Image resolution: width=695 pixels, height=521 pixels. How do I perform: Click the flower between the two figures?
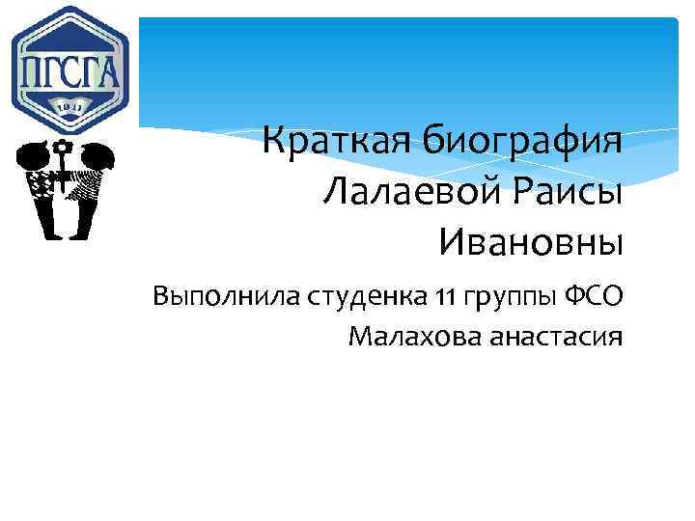point(64,148)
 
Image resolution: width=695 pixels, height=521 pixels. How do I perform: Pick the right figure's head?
point(96,154)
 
